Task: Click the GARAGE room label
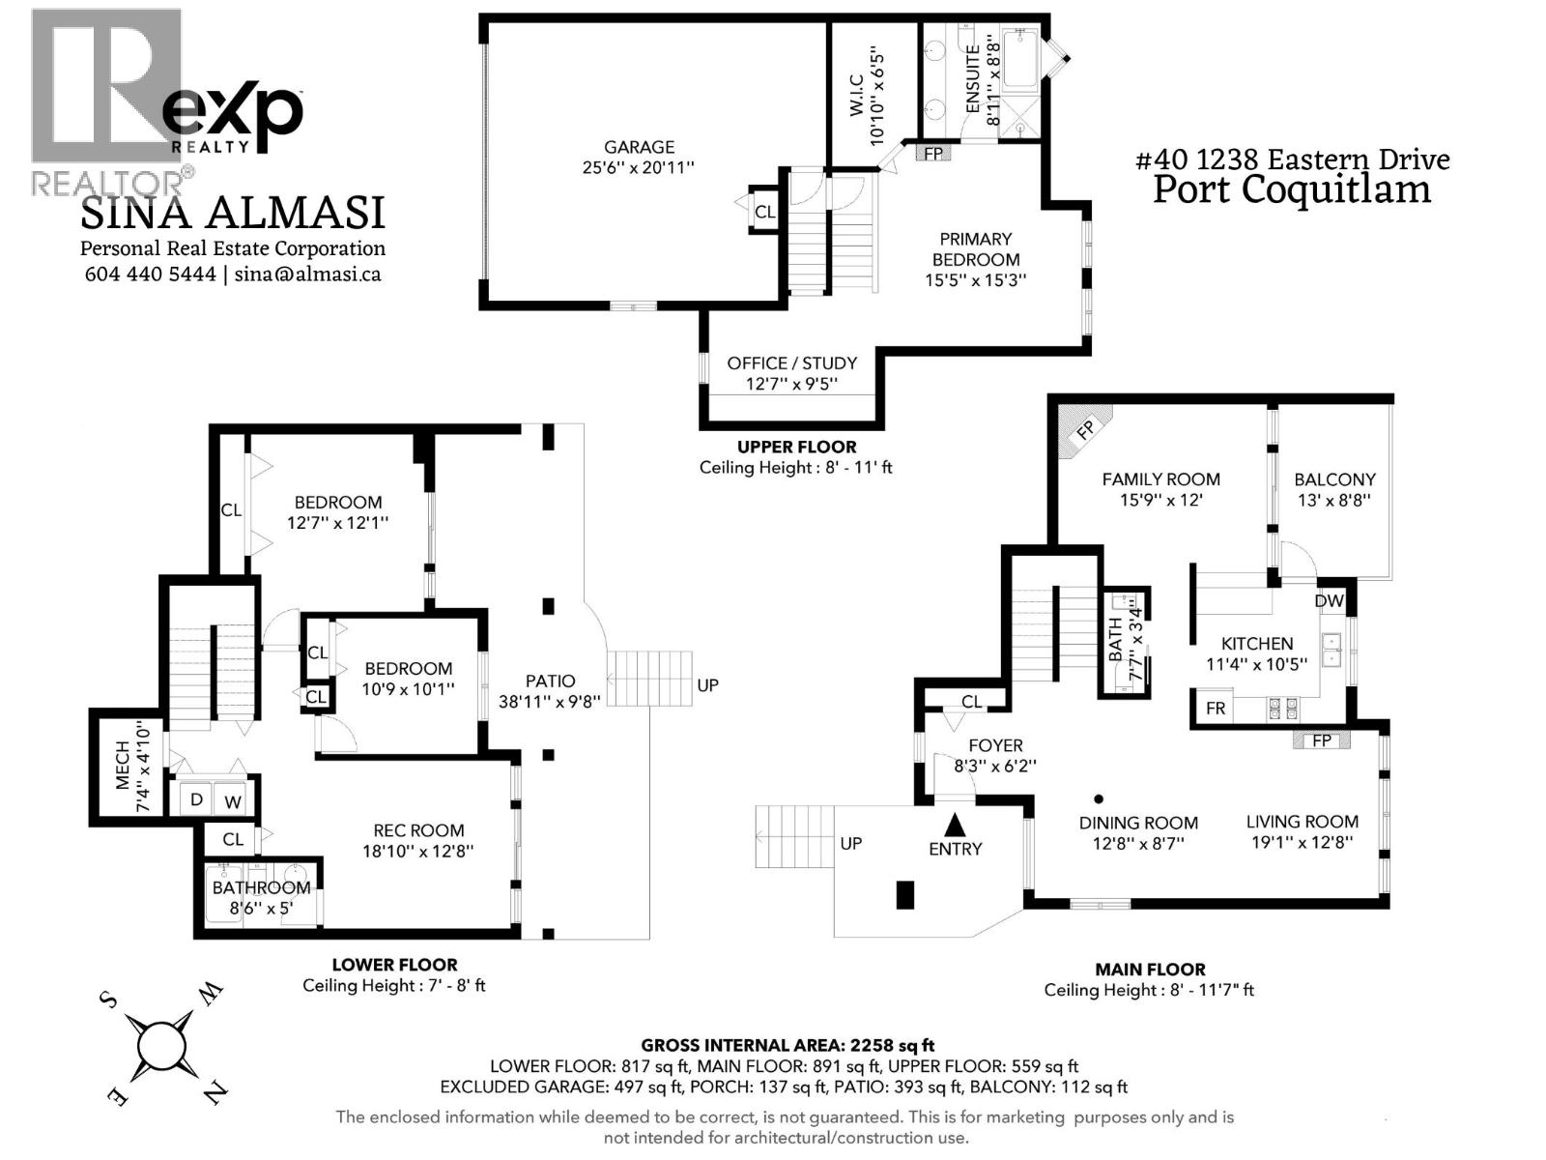pos(639,147)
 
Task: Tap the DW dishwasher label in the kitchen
pos(1329,600)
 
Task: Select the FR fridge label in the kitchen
pos(1216,708)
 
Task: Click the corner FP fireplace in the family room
pos(1083,429)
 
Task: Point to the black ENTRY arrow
pos(955,824)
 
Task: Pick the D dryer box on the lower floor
pos(196,799)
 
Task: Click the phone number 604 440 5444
pos(150,274)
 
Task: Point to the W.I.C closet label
pos(856,96)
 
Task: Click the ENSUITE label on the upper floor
pos(973,79)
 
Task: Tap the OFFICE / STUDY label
pos(791,363)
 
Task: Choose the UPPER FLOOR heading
pos(796,448)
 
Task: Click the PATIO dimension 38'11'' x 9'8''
pos(550,702)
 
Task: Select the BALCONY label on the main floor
pos(1334,479)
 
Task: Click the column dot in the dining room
pos(1098,798)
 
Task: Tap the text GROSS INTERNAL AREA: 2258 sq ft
pos(787,1046)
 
